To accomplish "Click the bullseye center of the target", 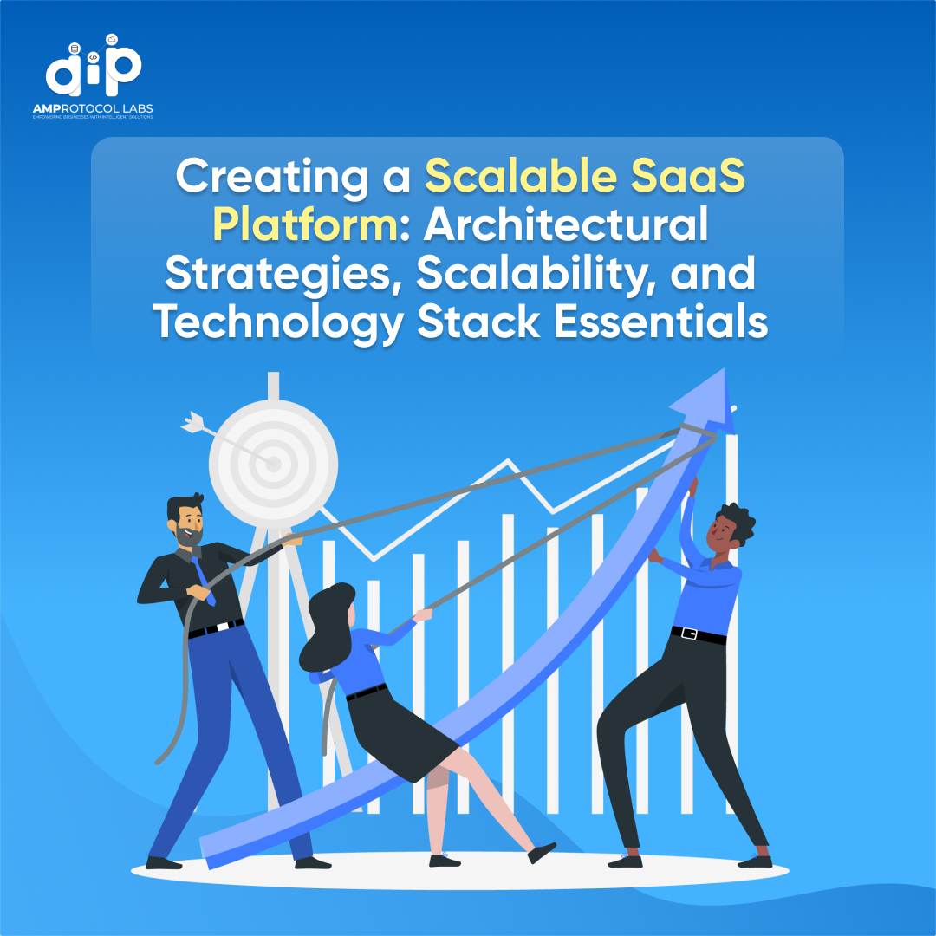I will (x=274, y=465).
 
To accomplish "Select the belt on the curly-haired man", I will (x=698, y=635).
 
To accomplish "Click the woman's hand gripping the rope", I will (x=422, y=616).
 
